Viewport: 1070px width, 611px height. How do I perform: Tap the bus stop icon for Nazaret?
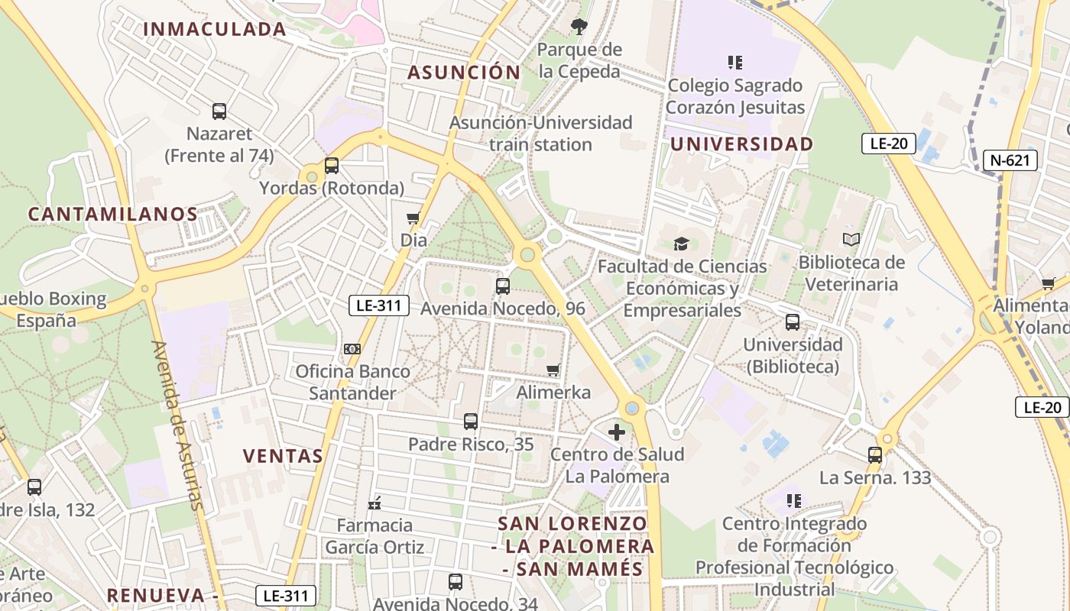[219, 112]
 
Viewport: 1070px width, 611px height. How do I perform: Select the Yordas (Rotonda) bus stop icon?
[331, 166]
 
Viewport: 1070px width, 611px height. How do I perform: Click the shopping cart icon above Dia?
[413, 218]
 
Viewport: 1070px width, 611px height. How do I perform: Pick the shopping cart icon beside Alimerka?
[553, 370]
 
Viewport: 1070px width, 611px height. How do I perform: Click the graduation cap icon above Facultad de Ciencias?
[681, 244]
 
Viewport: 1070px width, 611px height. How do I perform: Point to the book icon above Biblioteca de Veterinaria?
[851, 240]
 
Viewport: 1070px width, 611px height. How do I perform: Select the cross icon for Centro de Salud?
[617, 432]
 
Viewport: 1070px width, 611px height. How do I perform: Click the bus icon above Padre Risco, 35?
[471, 422]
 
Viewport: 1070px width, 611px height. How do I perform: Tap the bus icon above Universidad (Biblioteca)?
[793, 322]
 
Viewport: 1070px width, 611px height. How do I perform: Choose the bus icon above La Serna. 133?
[875, 455]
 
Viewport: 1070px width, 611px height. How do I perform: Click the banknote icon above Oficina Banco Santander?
[352, 349]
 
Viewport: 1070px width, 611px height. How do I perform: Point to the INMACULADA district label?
[215, 30]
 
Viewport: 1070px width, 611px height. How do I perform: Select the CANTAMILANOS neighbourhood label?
[113, 215]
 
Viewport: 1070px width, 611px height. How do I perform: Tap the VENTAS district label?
[284, 457]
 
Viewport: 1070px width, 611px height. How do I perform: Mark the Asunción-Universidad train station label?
[541, 134]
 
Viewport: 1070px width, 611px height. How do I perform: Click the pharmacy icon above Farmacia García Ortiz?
[374, 503]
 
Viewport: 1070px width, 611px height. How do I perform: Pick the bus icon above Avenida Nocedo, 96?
[502, 286]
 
